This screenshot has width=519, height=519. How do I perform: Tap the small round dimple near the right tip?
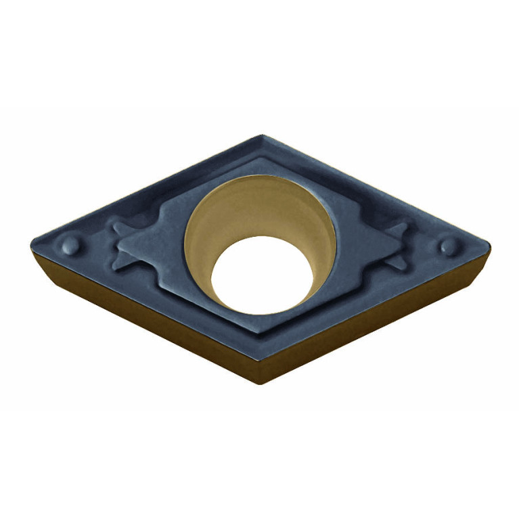click(447, 246)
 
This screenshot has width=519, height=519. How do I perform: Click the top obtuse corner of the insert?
click(261, 137)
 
